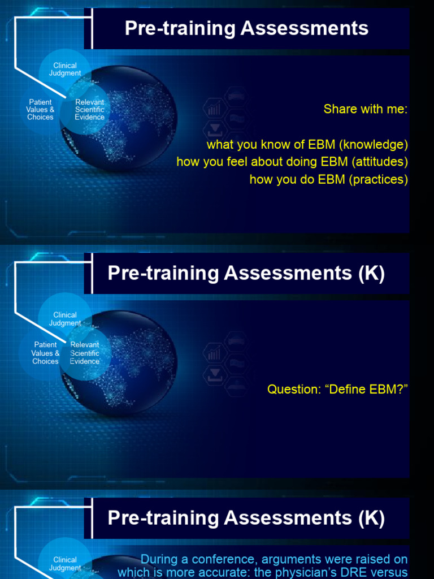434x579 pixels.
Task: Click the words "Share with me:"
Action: tap(365, 109)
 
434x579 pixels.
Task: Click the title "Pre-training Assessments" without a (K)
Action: tap(246, 28)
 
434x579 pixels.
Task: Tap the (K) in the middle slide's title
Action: tap(371, 273)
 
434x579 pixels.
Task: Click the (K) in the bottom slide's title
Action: tap(371, 518)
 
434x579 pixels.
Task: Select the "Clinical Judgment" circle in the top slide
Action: tap(65, 70)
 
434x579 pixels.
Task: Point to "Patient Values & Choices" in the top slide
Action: tap(40, 110)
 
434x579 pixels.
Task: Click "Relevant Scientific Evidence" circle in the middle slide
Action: tap(85, 353)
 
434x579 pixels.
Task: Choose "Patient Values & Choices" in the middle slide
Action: tap(45, 353)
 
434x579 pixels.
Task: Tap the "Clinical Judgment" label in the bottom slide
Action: tap(65, 564)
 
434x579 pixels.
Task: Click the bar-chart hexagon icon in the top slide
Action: tap(215, 109)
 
